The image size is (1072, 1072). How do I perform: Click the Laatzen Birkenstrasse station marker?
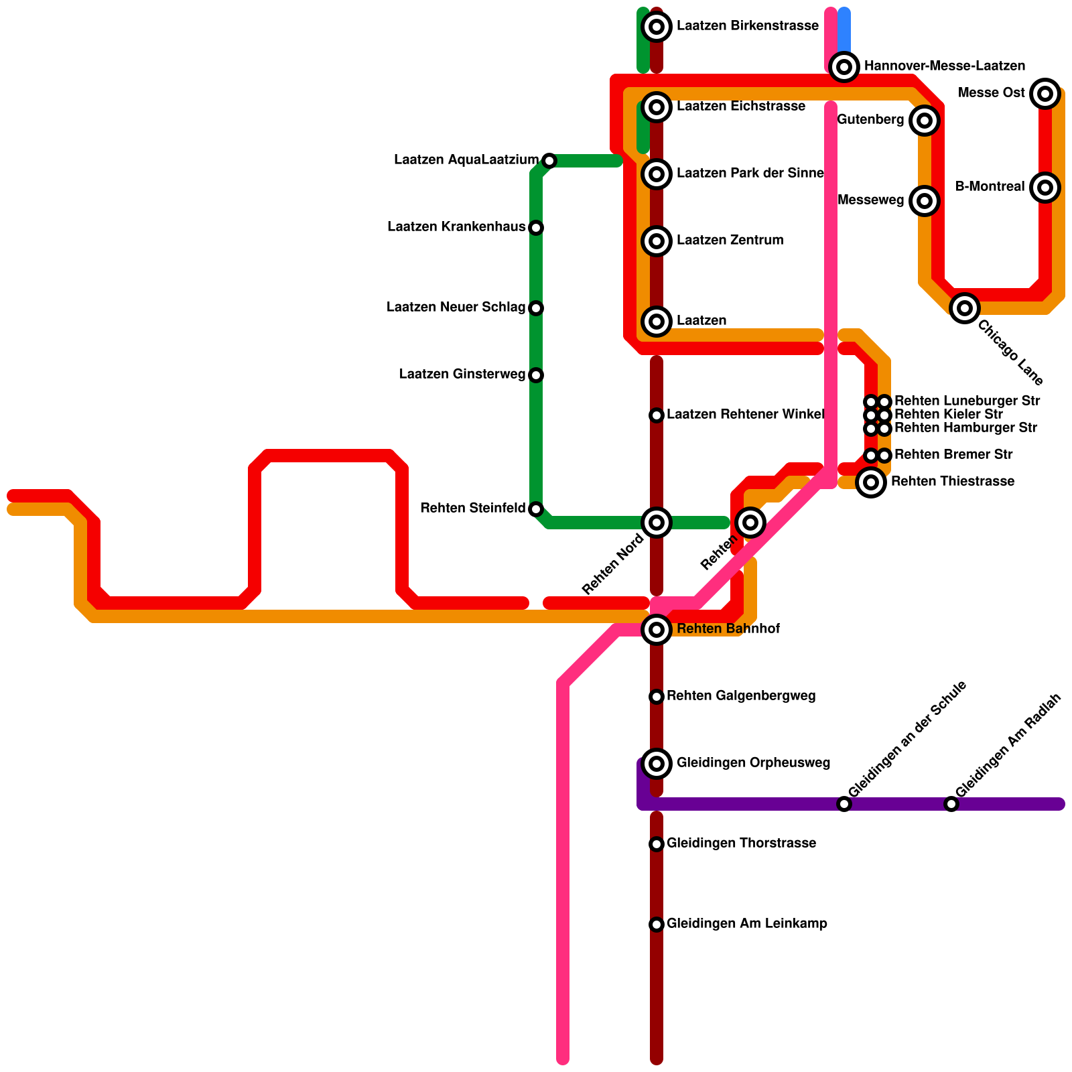[x=657, y=27]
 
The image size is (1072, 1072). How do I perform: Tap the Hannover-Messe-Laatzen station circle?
[x=844, y=66]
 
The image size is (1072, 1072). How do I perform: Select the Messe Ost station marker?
[x=1045, y=93]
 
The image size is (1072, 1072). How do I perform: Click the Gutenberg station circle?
[x=925, y=121]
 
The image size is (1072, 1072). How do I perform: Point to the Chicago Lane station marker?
[x=965, y=308]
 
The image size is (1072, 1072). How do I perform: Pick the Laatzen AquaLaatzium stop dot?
[x=549, y=161]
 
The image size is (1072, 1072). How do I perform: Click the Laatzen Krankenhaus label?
[x=456, y=227]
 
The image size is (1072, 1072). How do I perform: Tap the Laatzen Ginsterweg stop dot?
[x=536, y=375]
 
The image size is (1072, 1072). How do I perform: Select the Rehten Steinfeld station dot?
[x=536, y=509]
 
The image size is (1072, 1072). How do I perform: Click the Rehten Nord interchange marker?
[x=657, y=523]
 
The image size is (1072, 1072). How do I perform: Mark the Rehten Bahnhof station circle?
[x=657, y=629]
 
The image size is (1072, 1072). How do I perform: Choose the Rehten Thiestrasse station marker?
[x=871, y=482]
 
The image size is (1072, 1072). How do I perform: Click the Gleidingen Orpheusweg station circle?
[x=657, y=763]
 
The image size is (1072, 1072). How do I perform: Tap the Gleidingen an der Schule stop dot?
[x=844, y=804]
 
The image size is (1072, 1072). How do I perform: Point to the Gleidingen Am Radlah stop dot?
[x=951, y=804]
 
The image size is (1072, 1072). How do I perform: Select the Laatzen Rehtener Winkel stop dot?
[x=657, y=415]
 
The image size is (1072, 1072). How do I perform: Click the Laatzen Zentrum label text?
[x=730, y=241]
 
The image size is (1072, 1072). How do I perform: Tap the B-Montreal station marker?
[x=1045, y=187]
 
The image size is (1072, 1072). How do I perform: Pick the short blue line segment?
[x=844, y=30]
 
